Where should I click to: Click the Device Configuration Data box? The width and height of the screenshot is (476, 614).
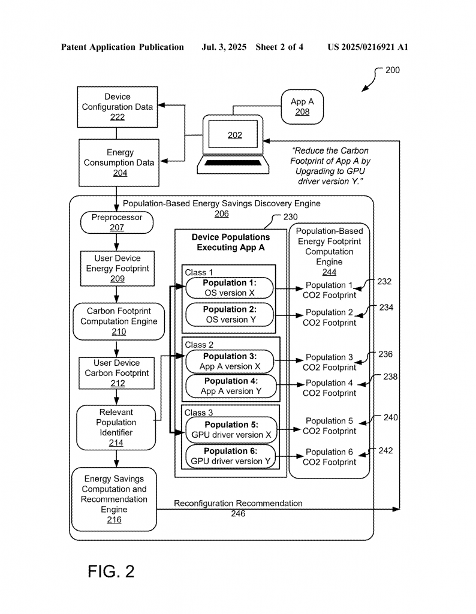coord(118,107)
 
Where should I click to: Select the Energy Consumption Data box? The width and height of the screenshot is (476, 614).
coord(119,162)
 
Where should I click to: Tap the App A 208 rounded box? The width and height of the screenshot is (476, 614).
coord(302,107)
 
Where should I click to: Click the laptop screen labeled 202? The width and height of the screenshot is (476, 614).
coord(233,134)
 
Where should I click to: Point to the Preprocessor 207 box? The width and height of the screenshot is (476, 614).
coord(117,222)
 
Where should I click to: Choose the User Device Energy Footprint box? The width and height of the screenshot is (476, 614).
coord(118,269)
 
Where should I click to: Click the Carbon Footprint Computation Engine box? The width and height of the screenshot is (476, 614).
coord(119,321)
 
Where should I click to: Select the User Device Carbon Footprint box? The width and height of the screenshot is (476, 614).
coord(117,373)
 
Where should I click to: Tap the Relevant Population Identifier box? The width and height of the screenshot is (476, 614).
coord(116,428)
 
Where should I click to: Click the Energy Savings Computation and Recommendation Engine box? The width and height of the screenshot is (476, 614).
coord(114,499)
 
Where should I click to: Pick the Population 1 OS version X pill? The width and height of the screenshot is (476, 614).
coord(230,288)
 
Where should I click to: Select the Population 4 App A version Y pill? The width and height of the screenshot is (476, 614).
coord(231,386)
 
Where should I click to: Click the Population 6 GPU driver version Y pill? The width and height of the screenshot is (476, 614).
coord(231,456)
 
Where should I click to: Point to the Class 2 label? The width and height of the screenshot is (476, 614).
coord(199,345)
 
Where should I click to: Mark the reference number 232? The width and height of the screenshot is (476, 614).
coord(384,282)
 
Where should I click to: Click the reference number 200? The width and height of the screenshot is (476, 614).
coord(393,70)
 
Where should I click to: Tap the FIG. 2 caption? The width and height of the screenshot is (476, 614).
coord(111,571)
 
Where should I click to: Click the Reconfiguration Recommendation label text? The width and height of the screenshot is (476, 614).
coord(238,503)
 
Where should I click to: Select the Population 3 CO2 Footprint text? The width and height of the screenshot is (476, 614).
coord(329,362)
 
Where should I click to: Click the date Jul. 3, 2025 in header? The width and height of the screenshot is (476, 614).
coord(224,47)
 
